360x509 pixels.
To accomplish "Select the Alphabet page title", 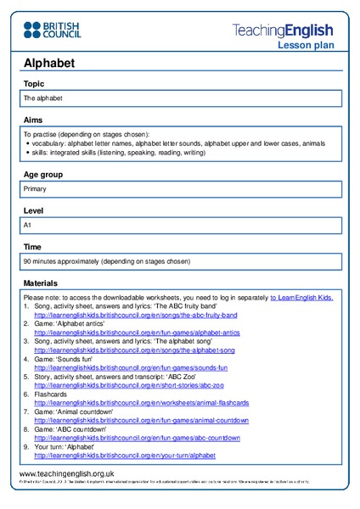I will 48,63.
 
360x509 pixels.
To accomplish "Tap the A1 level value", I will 28,226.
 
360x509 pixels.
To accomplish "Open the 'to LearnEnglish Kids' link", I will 301,298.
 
